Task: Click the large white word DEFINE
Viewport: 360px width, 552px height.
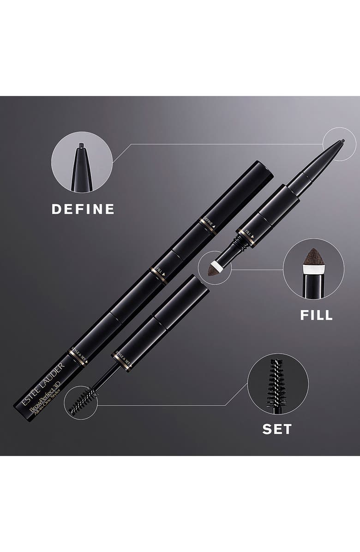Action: pyautogui.click(x=83, y=209)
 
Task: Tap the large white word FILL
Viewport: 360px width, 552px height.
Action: pyautogui.click(x=316, y=315)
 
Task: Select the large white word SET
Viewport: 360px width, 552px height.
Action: pyautogui.click(x=277, y=429)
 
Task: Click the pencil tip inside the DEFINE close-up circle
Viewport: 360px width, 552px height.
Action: pyautogui.click(x=82, y=147)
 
